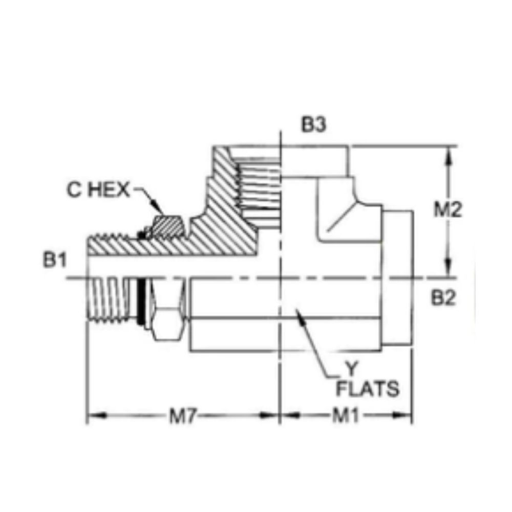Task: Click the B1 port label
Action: tap(55, 261)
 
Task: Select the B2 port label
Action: tap(443, 298)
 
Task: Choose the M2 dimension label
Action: tap(448, 210)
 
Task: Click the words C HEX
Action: tap(99, 190)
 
